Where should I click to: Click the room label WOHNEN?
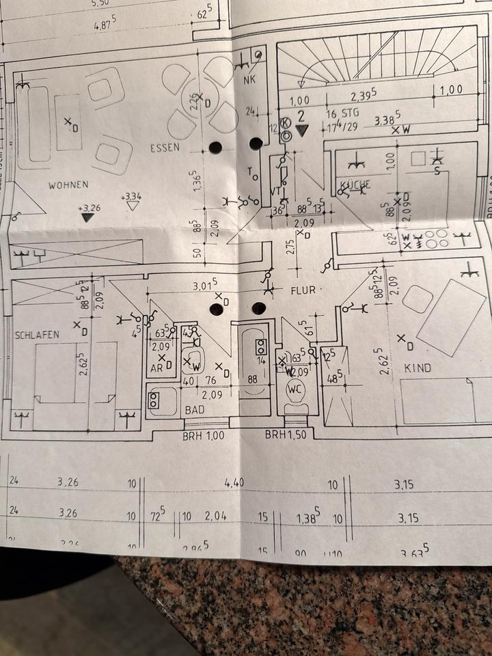coord(68,185)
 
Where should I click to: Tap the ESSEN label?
coord(165,148)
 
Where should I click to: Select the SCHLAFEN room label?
coord(36,335)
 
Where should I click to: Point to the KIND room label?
coord(418,368)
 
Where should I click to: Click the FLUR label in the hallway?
coord(303,290)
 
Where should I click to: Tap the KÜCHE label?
coord(354,185)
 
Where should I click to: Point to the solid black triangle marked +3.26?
coord(87,217)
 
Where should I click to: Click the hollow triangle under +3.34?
coord(133,206)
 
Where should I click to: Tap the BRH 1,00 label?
coord(202,434)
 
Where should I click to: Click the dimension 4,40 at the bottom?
coord(234,483)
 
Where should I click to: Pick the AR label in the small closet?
coord(156,368)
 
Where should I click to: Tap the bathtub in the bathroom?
coord(253,369)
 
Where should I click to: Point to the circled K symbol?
coord(286,122)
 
